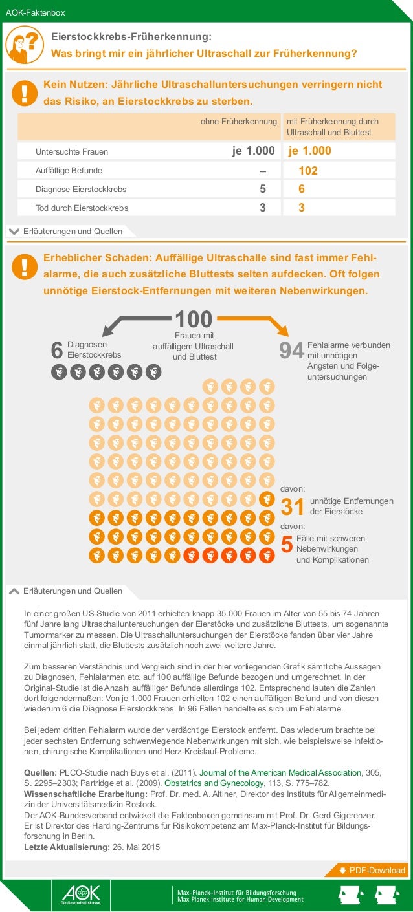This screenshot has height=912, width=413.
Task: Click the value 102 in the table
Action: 308,171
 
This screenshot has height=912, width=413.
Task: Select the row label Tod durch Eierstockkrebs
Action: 82,208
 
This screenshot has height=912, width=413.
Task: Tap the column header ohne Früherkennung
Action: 239,122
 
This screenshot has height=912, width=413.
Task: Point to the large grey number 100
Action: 194,319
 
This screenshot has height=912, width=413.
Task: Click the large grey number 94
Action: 291,351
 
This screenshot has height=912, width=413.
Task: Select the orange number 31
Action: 292,508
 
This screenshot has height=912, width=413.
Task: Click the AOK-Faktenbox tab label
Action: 35,12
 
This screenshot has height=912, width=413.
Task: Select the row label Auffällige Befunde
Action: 69,171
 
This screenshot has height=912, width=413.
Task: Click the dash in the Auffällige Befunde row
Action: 262,171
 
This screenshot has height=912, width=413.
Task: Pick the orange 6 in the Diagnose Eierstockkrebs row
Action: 301,190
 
